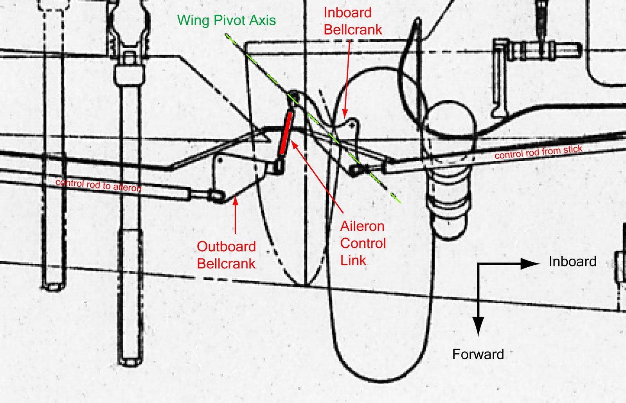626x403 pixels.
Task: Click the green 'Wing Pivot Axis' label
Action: coord(226,20)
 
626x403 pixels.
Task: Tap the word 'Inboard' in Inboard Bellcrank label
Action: coord(347,13)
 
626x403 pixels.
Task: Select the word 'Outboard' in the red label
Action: coord(226,246)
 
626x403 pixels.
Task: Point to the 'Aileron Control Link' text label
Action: coord(363,243)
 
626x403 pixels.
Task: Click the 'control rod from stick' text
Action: coord(538,152)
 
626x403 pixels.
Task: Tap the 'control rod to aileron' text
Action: coord(98,185)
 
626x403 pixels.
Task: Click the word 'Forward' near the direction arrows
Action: coord(478,354)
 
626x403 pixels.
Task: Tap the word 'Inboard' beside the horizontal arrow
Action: coord(572,261)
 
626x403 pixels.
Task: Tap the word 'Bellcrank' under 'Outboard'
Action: coord(226,264)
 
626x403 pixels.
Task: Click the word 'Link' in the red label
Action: coord(353,260)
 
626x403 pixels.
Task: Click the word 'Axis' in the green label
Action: coord(263,20)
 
